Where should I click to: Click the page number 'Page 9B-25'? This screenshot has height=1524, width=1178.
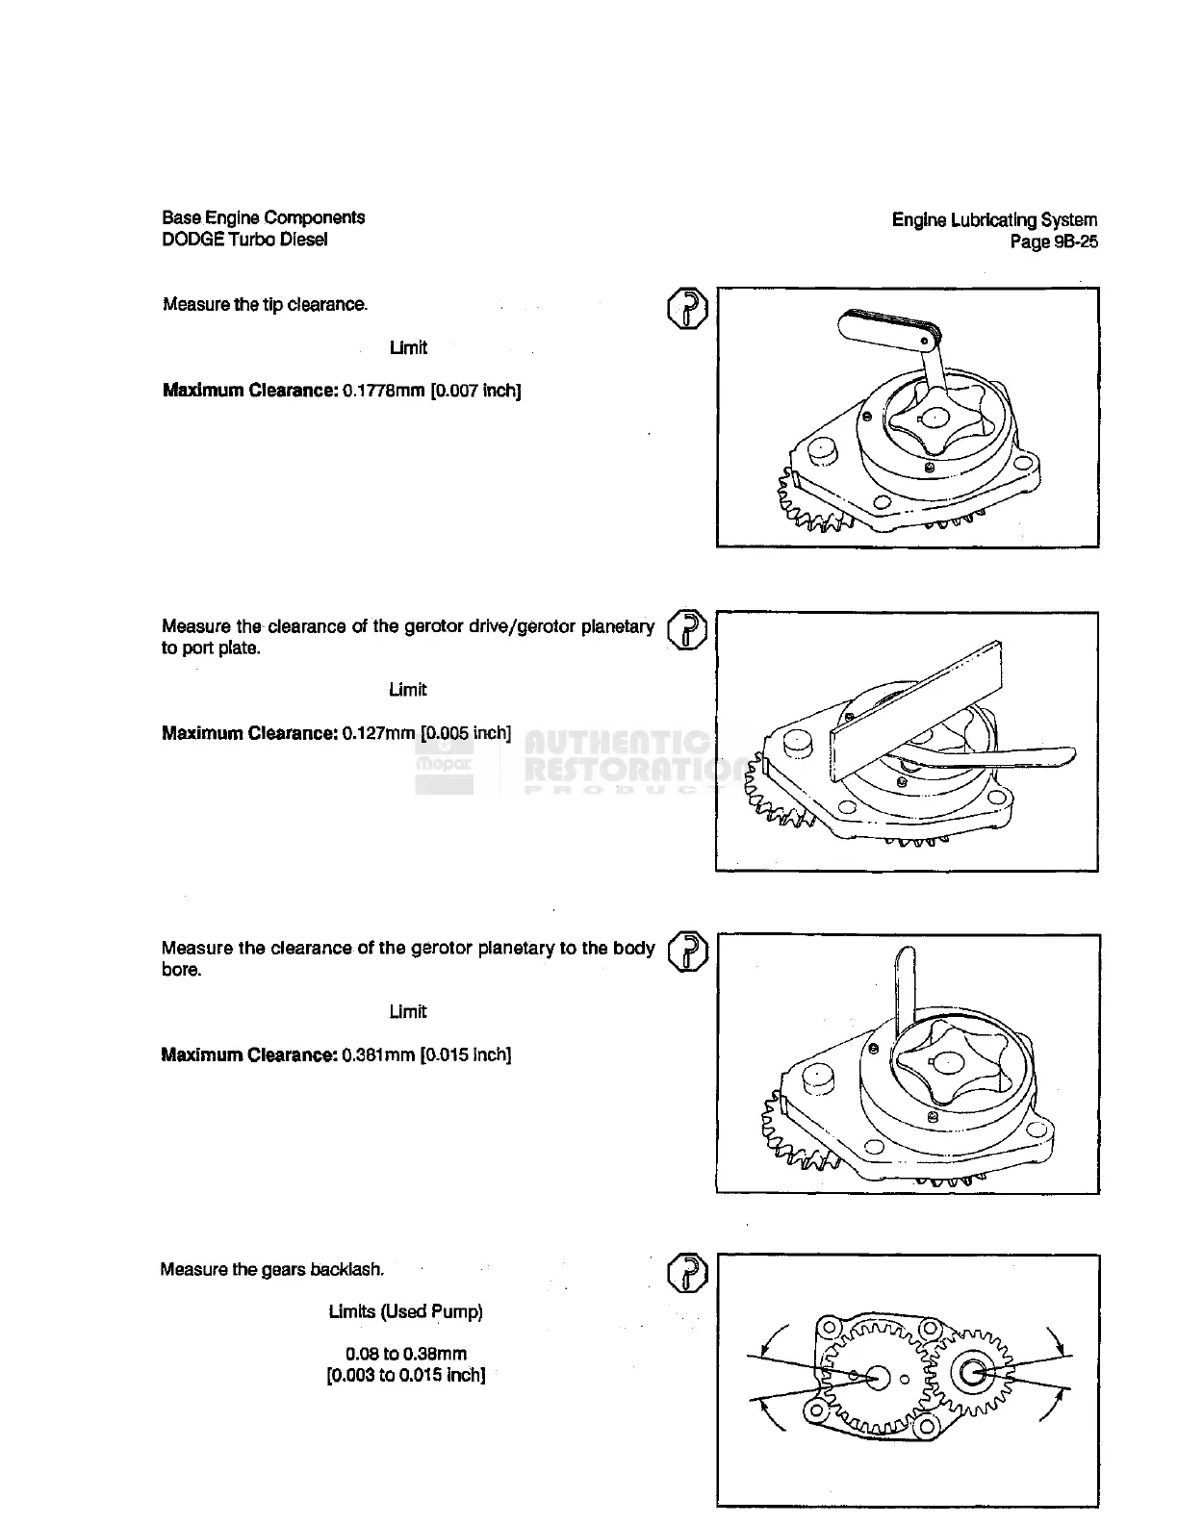click(x=1053, y=242)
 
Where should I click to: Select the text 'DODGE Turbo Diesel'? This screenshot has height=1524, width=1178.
click(x=244, y=240)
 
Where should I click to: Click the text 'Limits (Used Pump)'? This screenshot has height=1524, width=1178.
click(x=405, y=1311)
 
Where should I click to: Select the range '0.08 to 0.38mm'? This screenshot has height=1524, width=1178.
click(x=405, y=1354)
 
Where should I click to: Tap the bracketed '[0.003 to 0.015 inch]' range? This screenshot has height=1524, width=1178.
click(x=405, y=1375)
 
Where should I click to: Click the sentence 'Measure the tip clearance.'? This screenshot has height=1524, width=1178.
click(x=265, y=305)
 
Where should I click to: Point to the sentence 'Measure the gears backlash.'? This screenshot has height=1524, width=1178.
click(x=271, y=1269)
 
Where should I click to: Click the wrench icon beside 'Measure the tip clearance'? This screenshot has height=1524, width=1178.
click(x=687, y=308)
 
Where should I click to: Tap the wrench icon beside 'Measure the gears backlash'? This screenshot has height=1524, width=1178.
click(x=687, y=1273)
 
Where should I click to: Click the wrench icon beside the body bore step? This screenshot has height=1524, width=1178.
click(x=687, y=952)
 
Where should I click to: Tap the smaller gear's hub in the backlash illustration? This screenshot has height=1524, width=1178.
click(x=972, y=1373)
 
